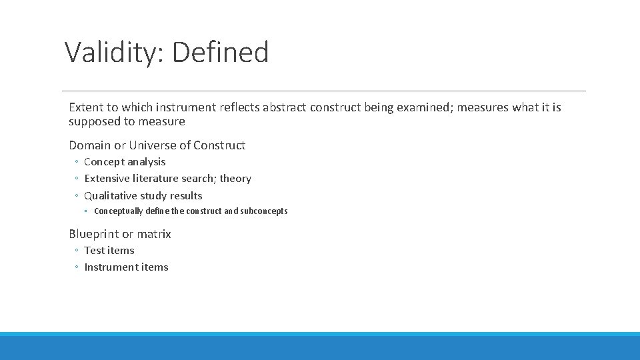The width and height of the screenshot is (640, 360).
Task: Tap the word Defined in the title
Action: [x=221, y=52]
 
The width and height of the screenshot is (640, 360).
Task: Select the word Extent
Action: [x=85, y=107]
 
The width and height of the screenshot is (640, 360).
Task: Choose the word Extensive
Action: [x=107, y=179]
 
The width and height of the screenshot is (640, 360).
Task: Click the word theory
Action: [x=235, y=179]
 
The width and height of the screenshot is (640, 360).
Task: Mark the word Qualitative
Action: [x=111, y=196]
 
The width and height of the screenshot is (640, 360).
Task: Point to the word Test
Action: [x=94, y=251]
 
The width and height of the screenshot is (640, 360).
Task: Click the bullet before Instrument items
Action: [x=77, y=268]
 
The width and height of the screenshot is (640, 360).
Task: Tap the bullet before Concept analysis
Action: [x=77, y=162]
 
